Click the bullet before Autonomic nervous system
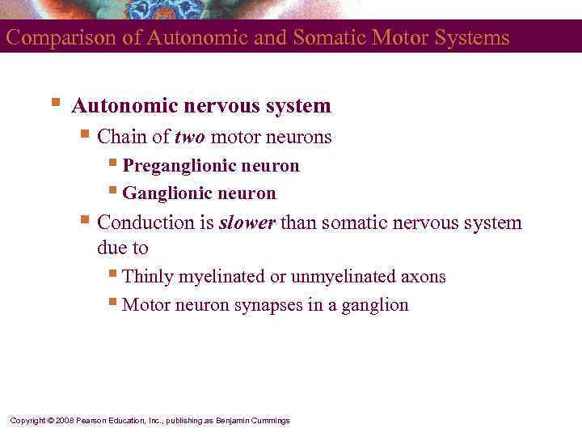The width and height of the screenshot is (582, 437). tap(55, 103)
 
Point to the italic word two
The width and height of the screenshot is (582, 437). tap(190, 138)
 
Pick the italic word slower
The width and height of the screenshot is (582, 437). tap(247, 223)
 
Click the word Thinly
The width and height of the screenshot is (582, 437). tap(148, 277)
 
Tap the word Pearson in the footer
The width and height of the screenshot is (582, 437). tap(92, 421)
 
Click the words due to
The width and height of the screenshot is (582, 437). tap(123, 248)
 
